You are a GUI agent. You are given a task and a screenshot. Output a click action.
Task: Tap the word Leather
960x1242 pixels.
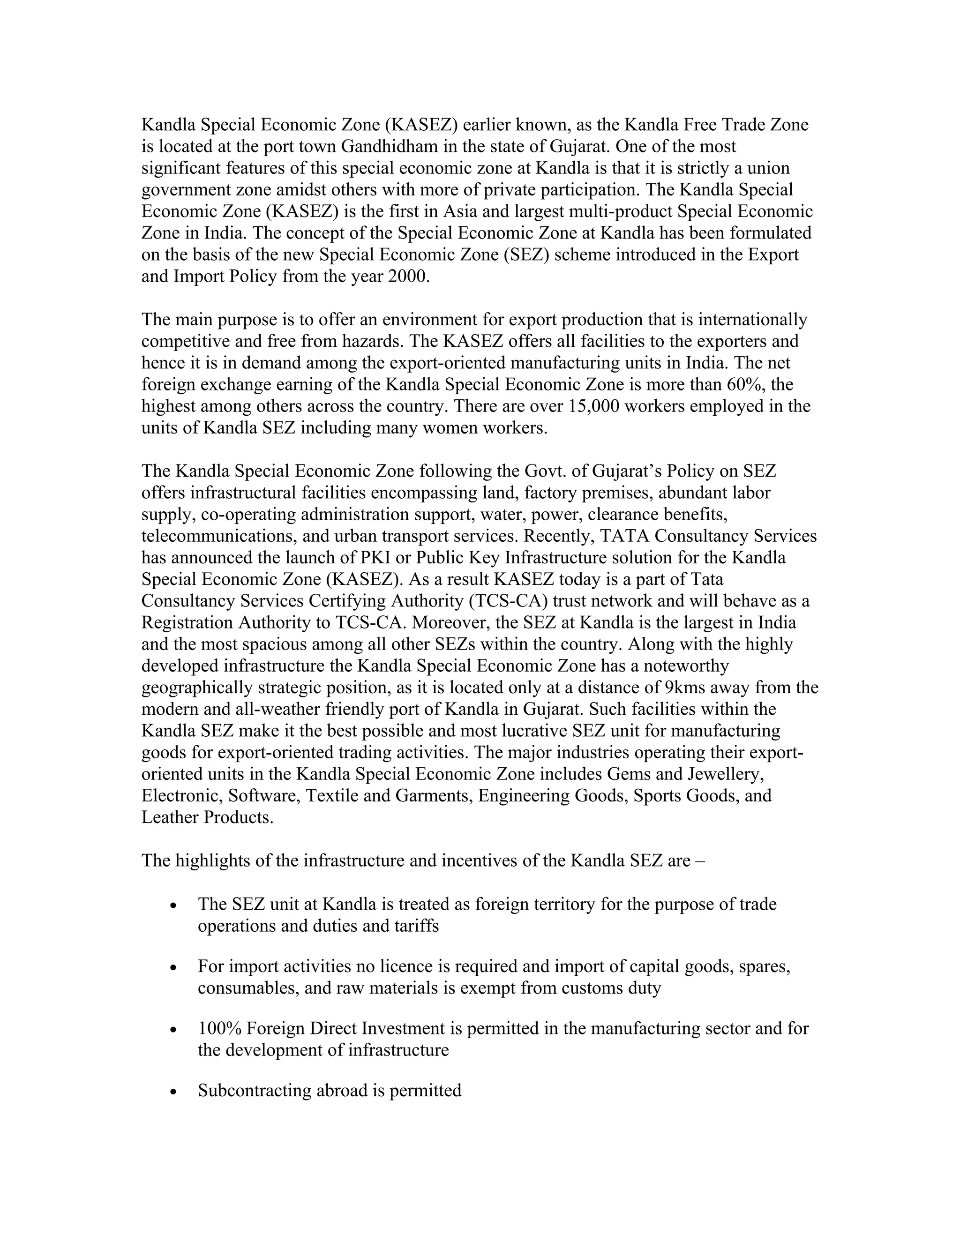(x=170, y=817)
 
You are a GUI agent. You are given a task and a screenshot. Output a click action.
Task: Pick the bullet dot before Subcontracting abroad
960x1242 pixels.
(x=174, y=1092)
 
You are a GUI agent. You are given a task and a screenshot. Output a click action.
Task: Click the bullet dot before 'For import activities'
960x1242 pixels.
(x=174, y=967)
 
